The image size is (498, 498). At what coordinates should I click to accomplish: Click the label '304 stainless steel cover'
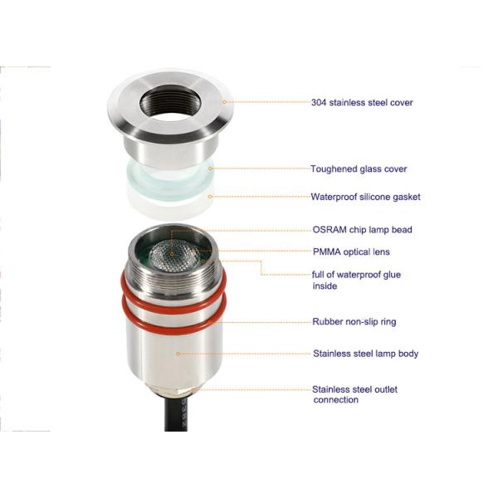(361, 103)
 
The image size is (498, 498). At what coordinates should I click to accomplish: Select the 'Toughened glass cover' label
(359, 169)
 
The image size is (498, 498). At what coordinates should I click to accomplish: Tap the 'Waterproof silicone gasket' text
(365, 198)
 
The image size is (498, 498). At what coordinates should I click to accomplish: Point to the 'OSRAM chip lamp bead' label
(361, 230)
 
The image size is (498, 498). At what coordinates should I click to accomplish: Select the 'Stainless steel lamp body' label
(365, 354)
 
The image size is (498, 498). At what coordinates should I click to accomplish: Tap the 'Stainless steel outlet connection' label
(359, 394)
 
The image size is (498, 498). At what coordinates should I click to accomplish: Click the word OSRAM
(325, 230)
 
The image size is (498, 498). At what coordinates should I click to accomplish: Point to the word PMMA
(324, 251)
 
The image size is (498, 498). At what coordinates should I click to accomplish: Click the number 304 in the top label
(318, 103)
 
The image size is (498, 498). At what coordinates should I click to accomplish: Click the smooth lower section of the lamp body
(174, 357)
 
